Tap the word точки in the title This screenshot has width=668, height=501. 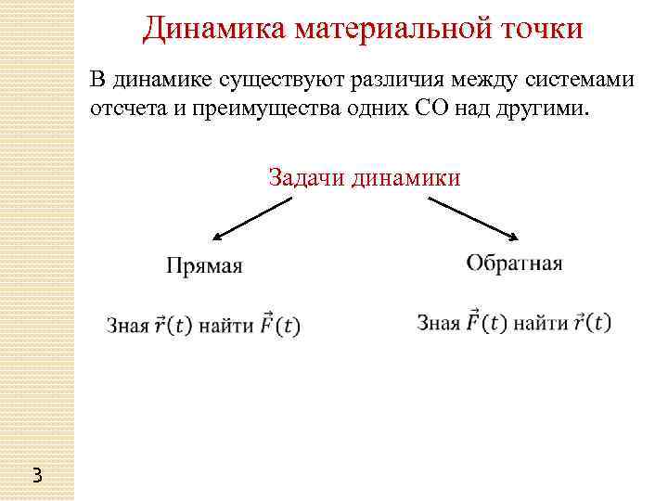point(540,29)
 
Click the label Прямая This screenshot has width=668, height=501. point(204,266)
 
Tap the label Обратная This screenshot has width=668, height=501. point(514,263)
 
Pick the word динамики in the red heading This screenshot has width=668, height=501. point(405,176)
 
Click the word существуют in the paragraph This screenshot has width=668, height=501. point(283,80)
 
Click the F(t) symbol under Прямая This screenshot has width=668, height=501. point(280,325)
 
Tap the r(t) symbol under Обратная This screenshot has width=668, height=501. point(592,322)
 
